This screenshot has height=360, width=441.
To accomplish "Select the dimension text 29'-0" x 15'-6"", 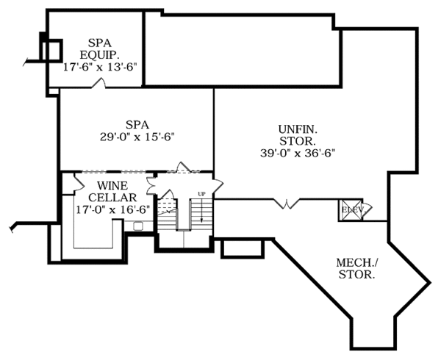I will [137, 136].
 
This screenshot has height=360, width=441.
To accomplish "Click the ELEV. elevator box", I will [349, 210].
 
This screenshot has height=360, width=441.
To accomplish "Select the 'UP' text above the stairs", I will [201, 194].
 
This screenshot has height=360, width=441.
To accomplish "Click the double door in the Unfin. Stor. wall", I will [286, 202].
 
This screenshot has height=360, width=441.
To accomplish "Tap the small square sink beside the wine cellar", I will [137, 226].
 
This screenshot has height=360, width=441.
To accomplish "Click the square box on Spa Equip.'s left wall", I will [51, 50].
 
